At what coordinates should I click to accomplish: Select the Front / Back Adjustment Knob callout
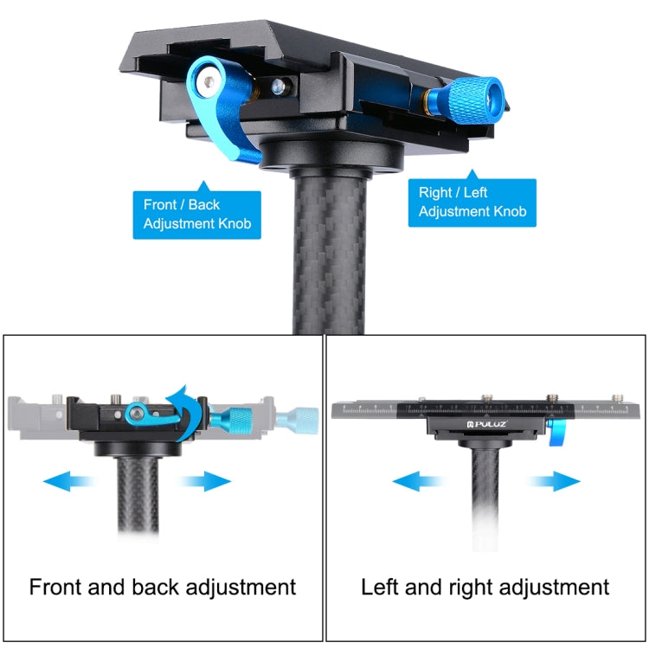pos(197,215)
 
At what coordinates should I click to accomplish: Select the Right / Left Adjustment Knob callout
pos(472,202)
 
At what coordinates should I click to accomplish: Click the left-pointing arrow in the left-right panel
pos(420,480)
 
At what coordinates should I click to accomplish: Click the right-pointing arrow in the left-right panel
pos(554,480)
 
